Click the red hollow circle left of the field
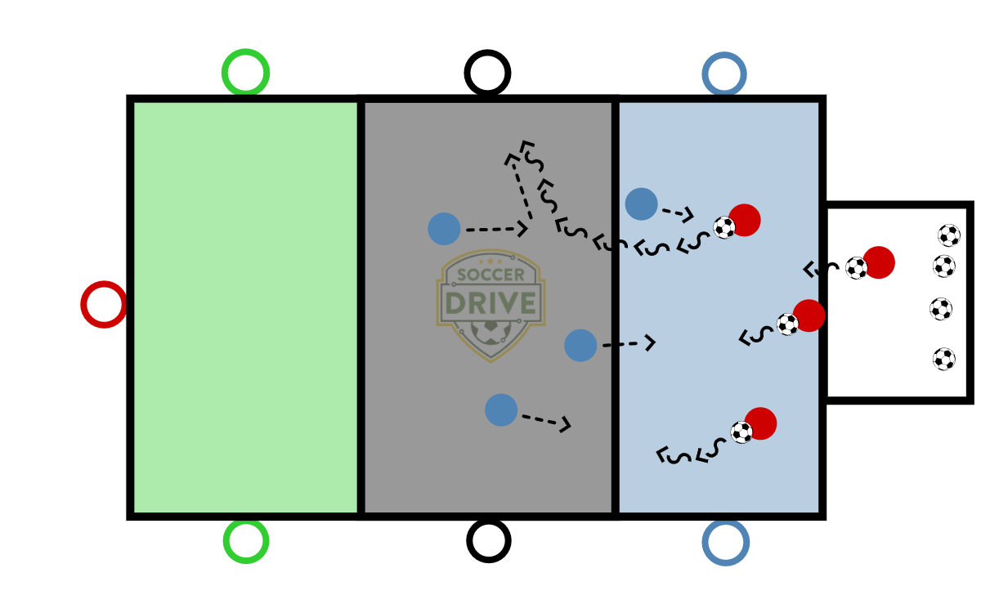coord(104,304)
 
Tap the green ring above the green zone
coord(245,72)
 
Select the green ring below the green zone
coord(245,540)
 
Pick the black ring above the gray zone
coord(487,73)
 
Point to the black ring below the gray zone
coord(489,540)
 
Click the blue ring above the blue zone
coord(723,74)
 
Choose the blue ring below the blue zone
coord(725,542)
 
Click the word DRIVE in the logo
coord(490,303)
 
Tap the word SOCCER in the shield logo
coord(490,275)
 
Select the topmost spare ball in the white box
coord(949,235)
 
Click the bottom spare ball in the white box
coord(944,359)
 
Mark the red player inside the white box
coord(879,262)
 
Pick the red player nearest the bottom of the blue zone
coord(760,423)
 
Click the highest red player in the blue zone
coord(745,220)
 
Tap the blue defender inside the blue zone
coord(641,204)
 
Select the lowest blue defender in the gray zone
coord(501,409)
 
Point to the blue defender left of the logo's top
coord(444,229)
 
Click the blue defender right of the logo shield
coord(580,345)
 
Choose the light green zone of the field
coord(245,306)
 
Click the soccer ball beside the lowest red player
coord(741,432)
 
